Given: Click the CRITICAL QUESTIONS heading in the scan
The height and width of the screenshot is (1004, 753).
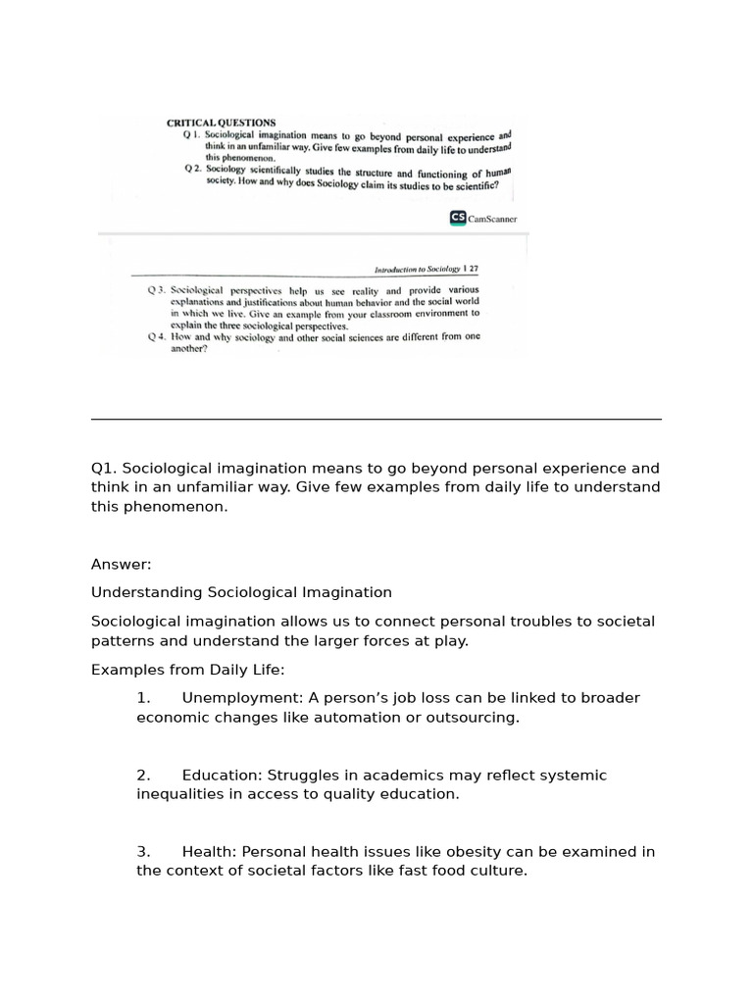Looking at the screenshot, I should click(x=221, y=123).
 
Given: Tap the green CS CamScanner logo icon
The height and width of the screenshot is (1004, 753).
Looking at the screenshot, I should click(x=458, y=219).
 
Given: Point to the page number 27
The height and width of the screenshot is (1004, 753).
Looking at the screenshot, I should click(x=474, y=269).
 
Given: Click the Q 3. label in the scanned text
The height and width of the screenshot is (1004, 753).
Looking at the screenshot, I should click(x=157, y=291).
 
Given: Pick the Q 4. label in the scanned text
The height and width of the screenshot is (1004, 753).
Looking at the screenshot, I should click(x=157, y=336).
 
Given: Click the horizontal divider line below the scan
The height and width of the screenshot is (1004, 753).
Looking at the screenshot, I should click(x=376, y=419).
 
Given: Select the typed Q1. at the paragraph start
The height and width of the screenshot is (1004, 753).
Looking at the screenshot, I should click(x=104, y=469).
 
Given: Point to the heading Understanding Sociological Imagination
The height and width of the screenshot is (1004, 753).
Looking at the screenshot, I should click(x=241, y=592).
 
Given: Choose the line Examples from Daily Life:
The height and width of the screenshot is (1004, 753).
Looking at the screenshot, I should click(x=187, y=670).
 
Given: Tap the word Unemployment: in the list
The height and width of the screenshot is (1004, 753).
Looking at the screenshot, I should click(x=242, y=698).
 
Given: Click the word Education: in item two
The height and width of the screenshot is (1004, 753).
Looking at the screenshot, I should click(x=218, y=776).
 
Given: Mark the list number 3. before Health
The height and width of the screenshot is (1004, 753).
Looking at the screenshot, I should click(x=143, y=852).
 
